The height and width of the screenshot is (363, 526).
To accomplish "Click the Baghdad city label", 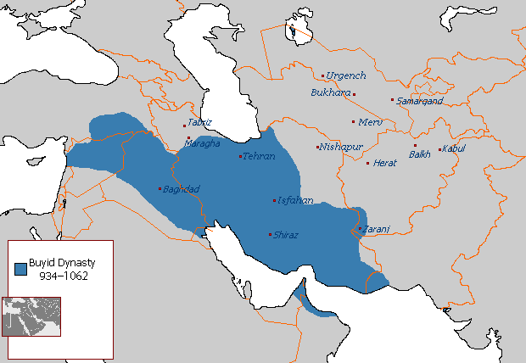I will (x=182, y=188).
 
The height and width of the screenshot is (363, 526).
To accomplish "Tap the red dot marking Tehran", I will (x=241, y=156).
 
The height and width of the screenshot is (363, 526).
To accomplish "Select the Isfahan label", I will (x=296, y=201).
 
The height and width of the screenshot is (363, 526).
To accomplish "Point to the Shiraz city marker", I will (x=270, y=234).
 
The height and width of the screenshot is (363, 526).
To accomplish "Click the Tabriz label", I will (x=199, y=122).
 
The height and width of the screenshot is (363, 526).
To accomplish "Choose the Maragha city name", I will (x=203, y=143).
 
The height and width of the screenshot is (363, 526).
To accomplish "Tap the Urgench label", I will (x=347, y=75).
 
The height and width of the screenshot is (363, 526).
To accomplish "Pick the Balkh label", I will (x=420, y=154).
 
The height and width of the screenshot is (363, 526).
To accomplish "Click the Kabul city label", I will (x=455, y=149).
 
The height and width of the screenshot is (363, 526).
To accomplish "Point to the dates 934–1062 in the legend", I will (x=66, y=276).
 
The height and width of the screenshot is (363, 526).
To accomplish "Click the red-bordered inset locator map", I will (x=31, y=316).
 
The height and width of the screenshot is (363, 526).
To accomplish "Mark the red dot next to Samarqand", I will (x=392, y=100).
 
